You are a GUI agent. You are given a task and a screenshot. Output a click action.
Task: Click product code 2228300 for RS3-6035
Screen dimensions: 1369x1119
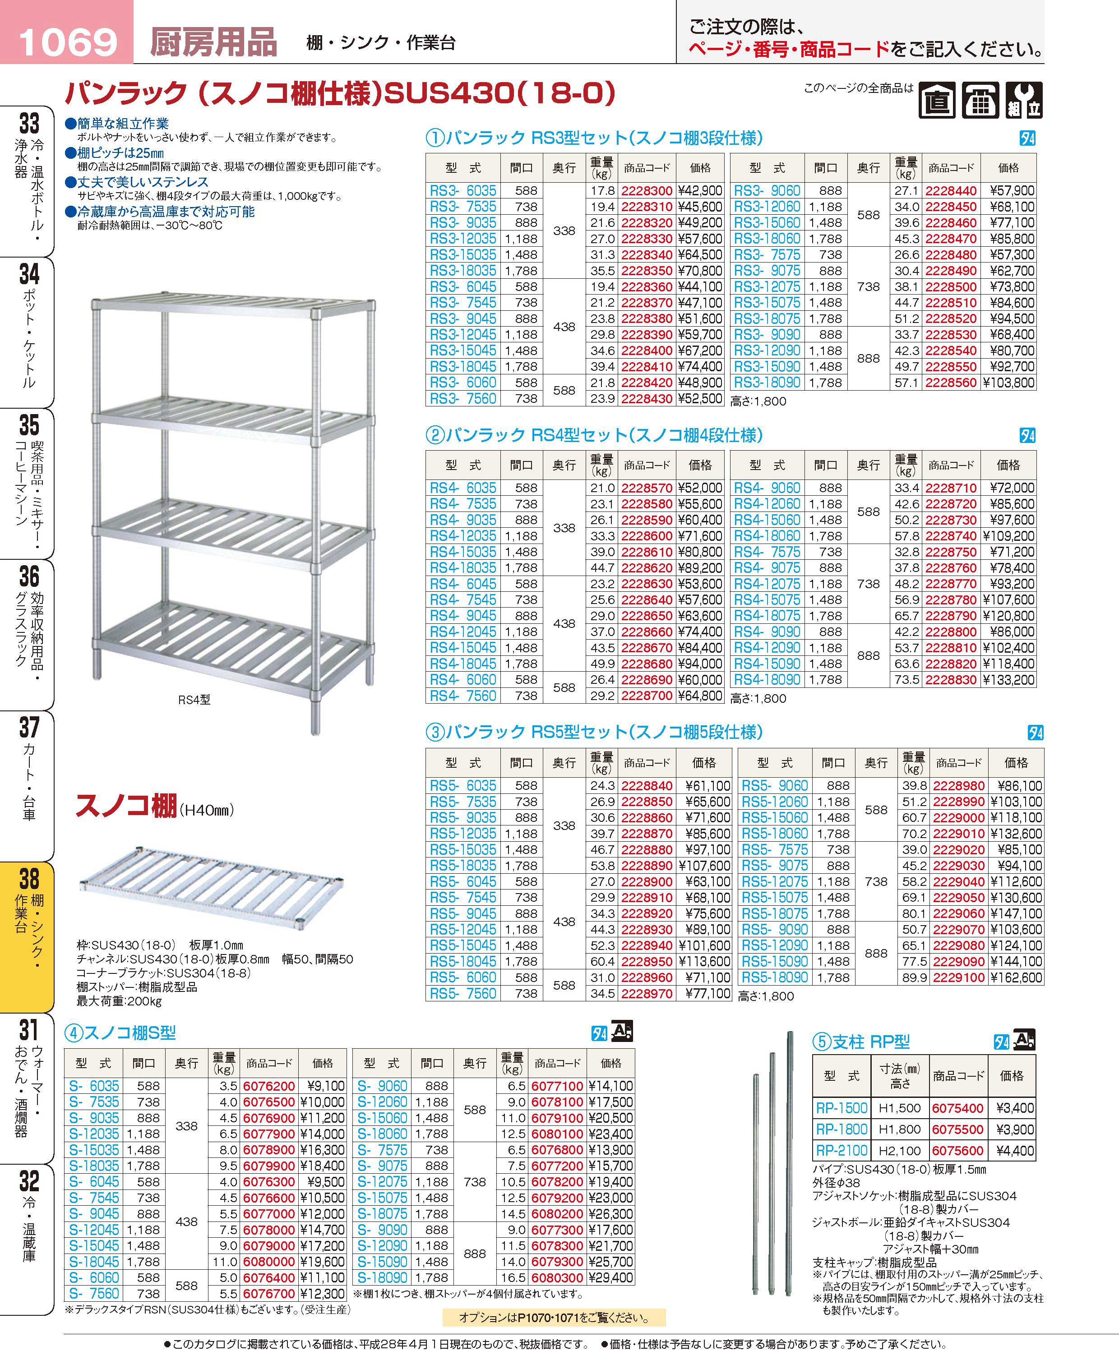(x=647, y=191)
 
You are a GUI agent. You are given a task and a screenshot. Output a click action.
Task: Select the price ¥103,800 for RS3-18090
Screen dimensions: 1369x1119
(x=1009, y=383)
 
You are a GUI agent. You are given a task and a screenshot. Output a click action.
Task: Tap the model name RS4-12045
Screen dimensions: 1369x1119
(x=463, y=632)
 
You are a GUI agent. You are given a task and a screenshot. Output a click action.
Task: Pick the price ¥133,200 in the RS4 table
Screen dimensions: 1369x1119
(x=1009, y=680)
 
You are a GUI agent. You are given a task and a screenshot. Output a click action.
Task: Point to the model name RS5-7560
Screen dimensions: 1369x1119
(x=463, y=993)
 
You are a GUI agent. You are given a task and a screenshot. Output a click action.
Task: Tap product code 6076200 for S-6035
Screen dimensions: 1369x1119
(x=269, y=1086)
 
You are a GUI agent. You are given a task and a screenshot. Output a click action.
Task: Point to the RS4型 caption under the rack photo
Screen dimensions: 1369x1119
(x=194, y=700)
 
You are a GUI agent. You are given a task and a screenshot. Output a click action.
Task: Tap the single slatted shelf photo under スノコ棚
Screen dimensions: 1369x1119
(x=212, y=887)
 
